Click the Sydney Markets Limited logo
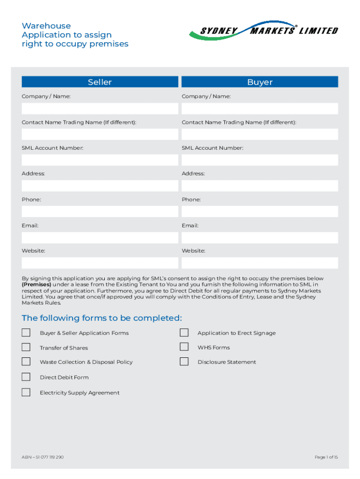point(263,31)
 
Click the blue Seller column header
point(100,82)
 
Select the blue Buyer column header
point(259,82)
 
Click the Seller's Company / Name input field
point(100,109)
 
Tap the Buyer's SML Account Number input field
point(259,160)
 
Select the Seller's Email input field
point(100,238)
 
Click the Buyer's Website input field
point(259,263)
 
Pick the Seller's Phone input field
point(100,211)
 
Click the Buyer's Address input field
point(259,186)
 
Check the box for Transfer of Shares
point(26,347)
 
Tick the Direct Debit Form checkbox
point(26,377)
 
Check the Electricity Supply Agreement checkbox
point(26,392)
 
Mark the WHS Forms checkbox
point(184,347)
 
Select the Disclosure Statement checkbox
point(184,362)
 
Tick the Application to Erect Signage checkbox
point(184,333)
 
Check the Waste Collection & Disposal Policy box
point(26,362)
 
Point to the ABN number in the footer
point(43,457)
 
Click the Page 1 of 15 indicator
point(326,457)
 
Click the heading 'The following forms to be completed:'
point(101,318)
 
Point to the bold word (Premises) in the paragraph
point(36,284)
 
